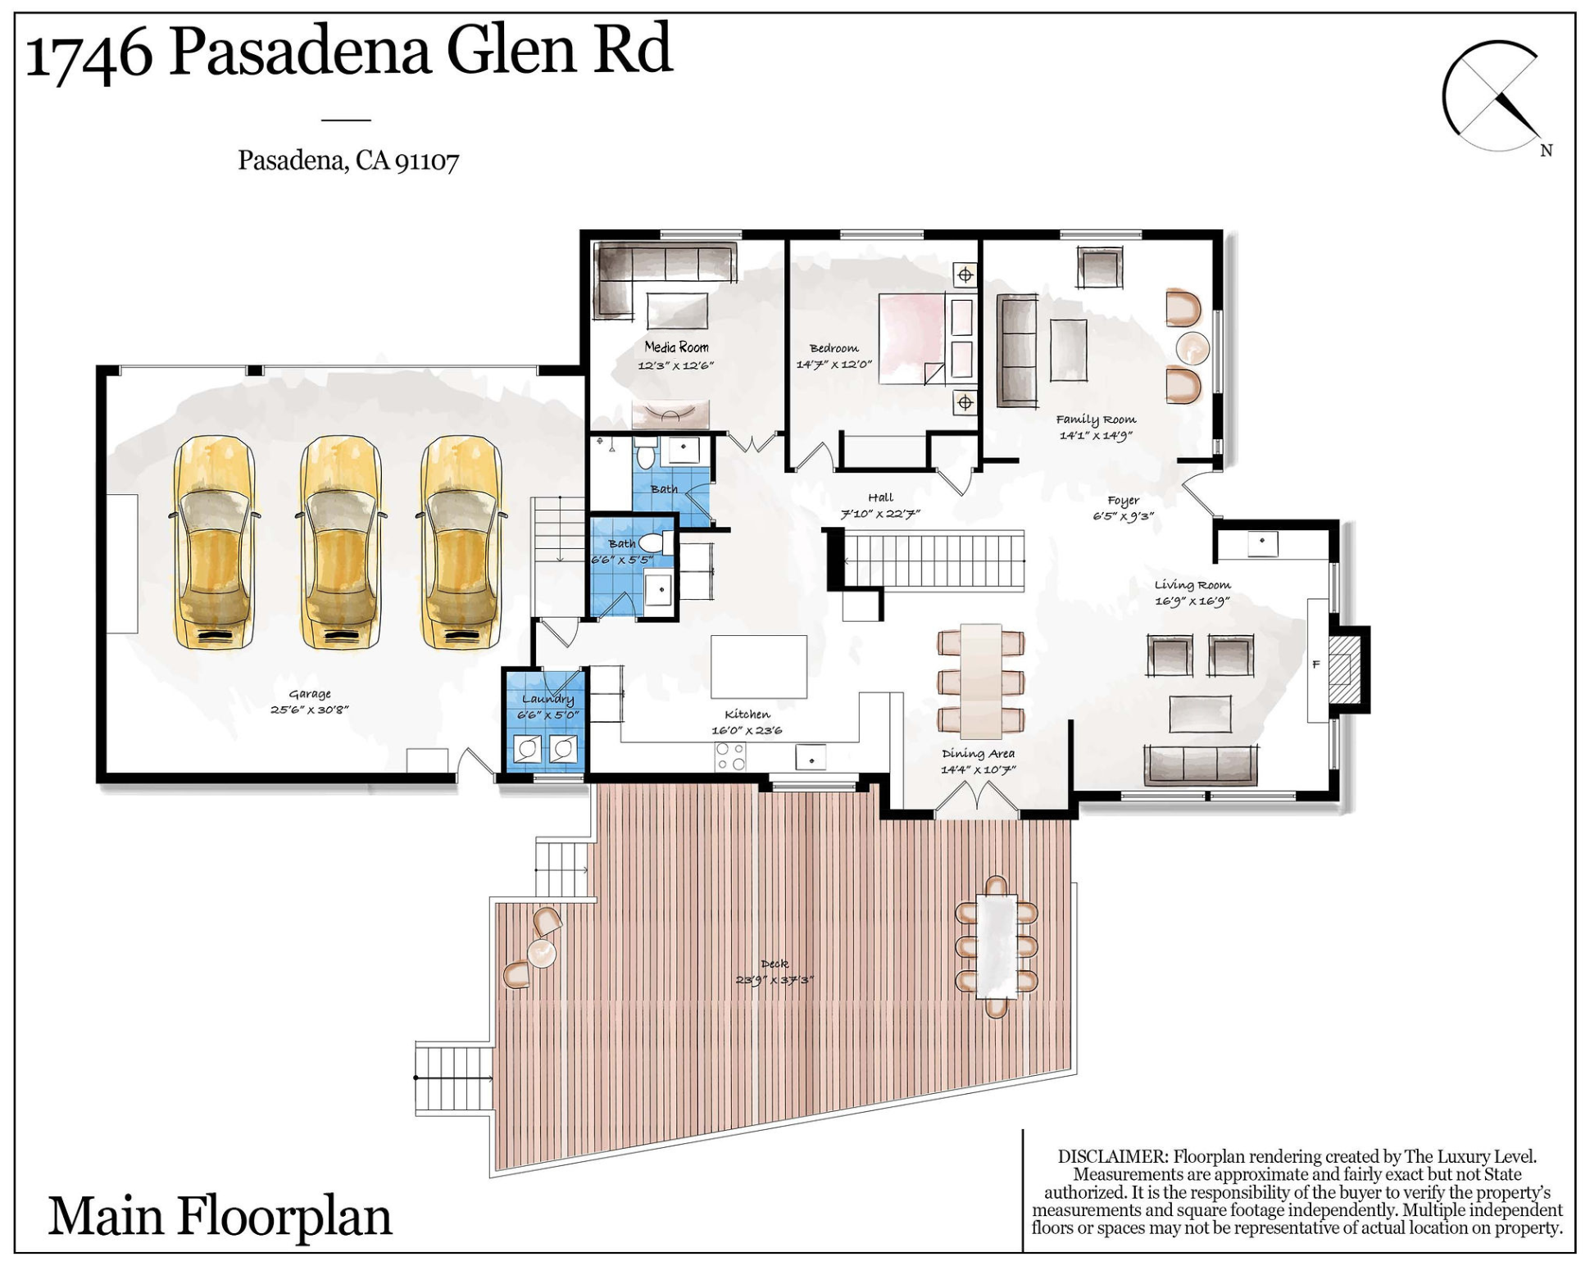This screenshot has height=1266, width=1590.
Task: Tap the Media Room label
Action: click(x=676, y=347)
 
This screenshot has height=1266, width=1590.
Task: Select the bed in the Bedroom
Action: click(x=911, y=338)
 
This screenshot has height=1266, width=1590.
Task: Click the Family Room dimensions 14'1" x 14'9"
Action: click(x=1096, y=436)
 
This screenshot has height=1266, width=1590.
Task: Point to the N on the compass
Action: click(x=1546, y=151)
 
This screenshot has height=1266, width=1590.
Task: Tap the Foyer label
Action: click(x=1123, y=500)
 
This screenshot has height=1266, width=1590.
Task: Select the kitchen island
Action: click(x=758, y=666)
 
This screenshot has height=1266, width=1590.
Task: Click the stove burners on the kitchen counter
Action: click(x=730, y=756)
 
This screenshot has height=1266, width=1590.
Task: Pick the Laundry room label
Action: click(x=547, y=699)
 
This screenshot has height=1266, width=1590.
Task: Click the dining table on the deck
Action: click(x=996, y=946)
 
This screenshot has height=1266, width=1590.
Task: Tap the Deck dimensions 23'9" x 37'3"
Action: click(x=774, y=980)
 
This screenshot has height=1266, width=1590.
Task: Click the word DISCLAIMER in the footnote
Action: click(x=1112, y=1157)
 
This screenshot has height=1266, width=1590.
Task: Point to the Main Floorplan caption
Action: click(x=220, y=1217)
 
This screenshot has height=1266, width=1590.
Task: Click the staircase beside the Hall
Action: click(x=934, y=560)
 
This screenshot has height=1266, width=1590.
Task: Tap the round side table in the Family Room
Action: click(x=1192, y=348)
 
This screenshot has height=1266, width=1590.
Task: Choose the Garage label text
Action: click(x=309, y=694)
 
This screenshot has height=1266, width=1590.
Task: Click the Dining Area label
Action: click(x=978, y=754)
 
